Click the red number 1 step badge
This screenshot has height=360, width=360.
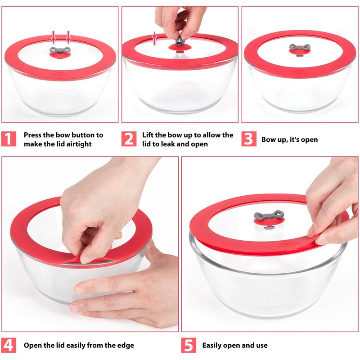9,139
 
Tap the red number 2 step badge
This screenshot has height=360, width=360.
129,139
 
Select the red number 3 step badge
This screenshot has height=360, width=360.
248,139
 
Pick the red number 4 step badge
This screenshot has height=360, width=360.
9,345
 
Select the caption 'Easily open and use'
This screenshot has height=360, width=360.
234,346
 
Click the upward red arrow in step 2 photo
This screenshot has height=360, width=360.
154,38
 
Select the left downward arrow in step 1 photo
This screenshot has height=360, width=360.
53,36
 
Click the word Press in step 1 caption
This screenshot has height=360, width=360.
33,135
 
